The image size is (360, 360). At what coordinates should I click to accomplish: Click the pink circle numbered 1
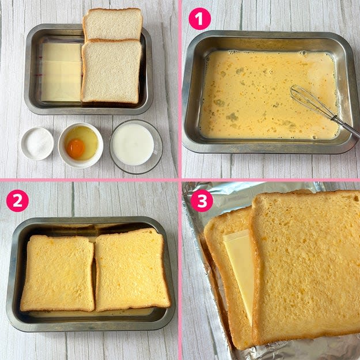pyautogui.click(x=200, y=19)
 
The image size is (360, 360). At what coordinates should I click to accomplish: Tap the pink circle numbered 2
pyautogui.click(x=17, y=200)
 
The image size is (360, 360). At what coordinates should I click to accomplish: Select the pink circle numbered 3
pyautogui.click(x=202, y=200)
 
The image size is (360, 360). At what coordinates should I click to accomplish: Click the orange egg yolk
pyautogui.click(x=76, y=148)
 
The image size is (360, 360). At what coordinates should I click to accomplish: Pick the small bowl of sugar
pyautogui.click(x=37, y=144)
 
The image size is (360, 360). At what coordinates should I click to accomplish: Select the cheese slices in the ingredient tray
pyautogui.click(x=61, y=72)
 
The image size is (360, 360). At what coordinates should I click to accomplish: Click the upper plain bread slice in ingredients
pyautogui.click(x=113, y=24)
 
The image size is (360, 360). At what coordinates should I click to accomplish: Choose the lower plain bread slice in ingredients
pyautogui.click(x=111, y=71)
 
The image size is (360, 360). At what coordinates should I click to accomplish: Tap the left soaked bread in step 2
pyautogui.click(x=58, y=273)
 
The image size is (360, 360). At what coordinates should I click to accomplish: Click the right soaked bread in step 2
pyautogui.click(x=132, y=270)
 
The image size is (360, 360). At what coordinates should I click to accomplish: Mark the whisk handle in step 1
pyautogui.click(x=345, y=127)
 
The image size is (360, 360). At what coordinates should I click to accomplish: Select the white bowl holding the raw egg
pyautogui.click(x=81, y=146)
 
